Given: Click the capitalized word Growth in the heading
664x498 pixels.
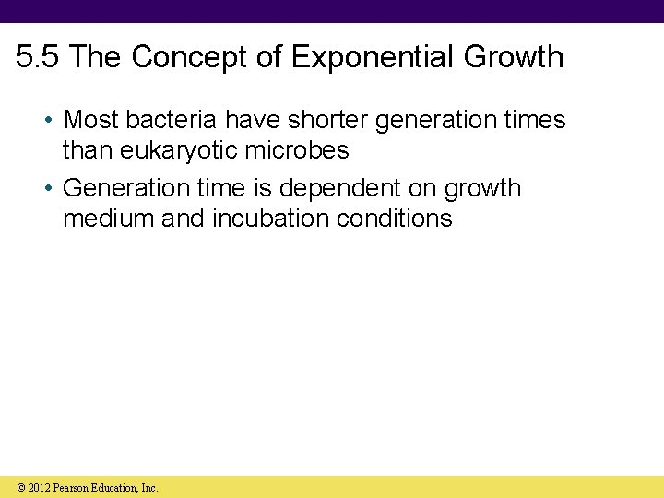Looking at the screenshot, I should tap(514, 57).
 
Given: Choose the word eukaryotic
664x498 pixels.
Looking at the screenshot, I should tap(184, 149).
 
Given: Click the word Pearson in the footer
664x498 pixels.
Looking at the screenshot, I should tap(70, 488).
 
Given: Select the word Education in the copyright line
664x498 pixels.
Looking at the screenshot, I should tap(116, 488).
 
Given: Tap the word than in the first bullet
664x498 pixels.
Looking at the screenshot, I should tap(84, 149).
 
